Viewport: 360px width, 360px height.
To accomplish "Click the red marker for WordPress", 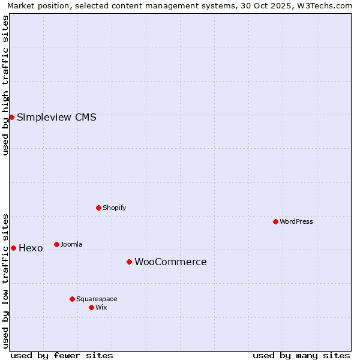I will [x=275, y=221].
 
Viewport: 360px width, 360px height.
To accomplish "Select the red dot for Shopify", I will [x=98, y=208].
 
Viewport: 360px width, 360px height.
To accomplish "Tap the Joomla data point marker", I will [x=56, y=244].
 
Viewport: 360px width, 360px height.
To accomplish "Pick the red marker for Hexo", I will [x=13, y=248].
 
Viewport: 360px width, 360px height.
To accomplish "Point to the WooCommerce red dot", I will [x=129, y=262].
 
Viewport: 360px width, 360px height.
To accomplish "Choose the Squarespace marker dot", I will [x=72, y=299].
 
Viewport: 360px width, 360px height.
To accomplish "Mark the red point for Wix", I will [x=91, y=307].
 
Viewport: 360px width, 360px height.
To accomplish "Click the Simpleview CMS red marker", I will [x=11, y=117].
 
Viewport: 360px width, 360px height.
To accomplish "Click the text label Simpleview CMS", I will [x=56, y=118].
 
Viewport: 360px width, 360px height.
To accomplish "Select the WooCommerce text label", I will [x=170, y=262].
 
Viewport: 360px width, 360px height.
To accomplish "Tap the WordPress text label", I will [x=296, y=221].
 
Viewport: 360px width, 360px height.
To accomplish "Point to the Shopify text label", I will [x=114, y=208].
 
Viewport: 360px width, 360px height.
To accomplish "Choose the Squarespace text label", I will [x=97, y=299].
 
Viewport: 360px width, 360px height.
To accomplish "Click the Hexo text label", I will [x=31, y=248].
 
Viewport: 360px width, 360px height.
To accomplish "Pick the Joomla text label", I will [x=71, y=244].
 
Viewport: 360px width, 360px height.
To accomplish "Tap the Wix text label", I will [x=101, y=307].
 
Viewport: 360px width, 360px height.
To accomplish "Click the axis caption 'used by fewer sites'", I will [x=62, y=355].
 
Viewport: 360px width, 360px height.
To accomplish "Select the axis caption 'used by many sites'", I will [x=301, y=355].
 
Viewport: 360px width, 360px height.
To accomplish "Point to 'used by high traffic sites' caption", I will [x=5, y=85].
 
